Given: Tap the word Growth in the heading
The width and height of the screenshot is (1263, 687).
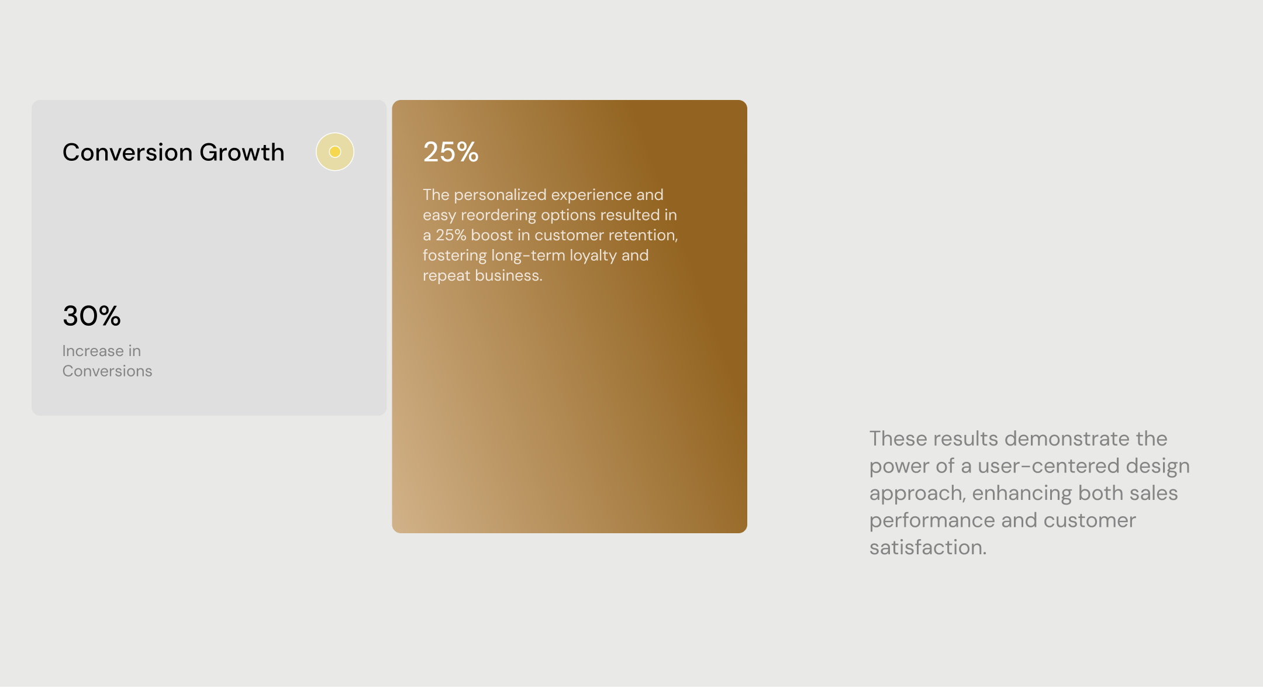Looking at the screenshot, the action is (241, 152).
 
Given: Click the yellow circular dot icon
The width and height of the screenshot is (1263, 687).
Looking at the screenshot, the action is (335, 152).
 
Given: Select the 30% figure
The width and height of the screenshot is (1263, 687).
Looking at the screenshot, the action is (92, 316).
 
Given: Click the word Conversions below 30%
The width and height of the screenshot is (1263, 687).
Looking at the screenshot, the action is (107, 371).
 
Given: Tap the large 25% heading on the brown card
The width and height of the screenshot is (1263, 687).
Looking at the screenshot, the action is (451, 152).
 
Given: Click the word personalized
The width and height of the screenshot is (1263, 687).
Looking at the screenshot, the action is (501, 195).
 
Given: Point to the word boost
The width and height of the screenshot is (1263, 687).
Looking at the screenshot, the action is (492, 235).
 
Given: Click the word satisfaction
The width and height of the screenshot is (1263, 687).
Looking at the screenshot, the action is (928, 547).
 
